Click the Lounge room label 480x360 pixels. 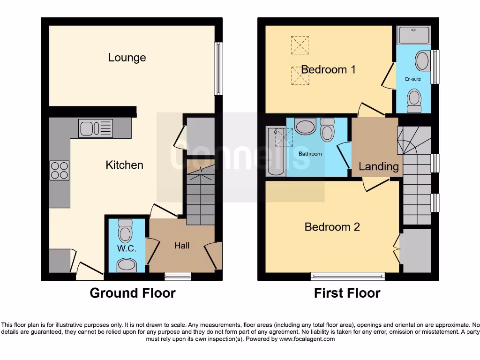pos(127,58)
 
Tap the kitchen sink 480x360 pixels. pos(96,128)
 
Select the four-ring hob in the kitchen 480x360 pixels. pos(60,170)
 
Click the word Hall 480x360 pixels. pos(182,245)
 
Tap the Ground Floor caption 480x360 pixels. pos(133,293)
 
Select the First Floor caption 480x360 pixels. pos(347,293)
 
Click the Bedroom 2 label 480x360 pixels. pos(332,227)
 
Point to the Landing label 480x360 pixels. pos(379,166)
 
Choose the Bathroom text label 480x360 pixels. pos(310,154)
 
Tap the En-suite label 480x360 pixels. pos(413,79)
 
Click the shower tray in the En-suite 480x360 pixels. pos(413,35)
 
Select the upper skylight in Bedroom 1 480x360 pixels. pos(300,45)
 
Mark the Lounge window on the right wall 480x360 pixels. pos(218,69)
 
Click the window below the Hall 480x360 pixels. pos(178,276)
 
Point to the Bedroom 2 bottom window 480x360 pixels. pos(347,276)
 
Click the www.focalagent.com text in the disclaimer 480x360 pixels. pos(307,339)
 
